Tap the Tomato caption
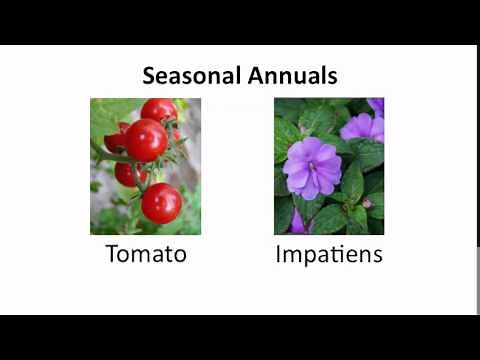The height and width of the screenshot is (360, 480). tap(146, 254)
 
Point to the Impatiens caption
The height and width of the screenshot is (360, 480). tap(329, 255)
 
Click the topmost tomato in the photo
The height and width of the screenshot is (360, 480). tap(158, 109)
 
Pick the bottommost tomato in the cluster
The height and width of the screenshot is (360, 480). tap(161, 203)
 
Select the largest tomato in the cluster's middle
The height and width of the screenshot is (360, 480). tap(146, 140)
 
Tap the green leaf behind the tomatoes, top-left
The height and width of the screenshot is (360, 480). tap(105, 115)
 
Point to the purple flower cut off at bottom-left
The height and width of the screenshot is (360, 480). tap(297, 223)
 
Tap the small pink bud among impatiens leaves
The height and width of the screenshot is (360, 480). tap(367, 203)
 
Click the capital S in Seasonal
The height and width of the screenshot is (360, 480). tap(149, 75)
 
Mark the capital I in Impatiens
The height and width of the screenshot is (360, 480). tap(278, 254)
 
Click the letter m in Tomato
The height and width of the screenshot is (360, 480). tap(141, 256)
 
